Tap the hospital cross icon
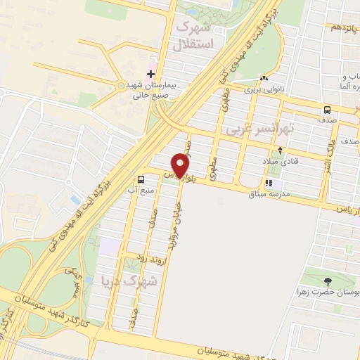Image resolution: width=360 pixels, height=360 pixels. click(150, 73)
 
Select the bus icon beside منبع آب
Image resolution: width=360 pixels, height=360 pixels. click(141, 179)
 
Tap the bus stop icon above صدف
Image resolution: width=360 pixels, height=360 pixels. click(327, 110)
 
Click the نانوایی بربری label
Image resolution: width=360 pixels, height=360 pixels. click(262, 90)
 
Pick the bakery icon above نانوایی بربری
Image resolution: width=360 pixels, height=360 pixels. click(263, 79)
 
